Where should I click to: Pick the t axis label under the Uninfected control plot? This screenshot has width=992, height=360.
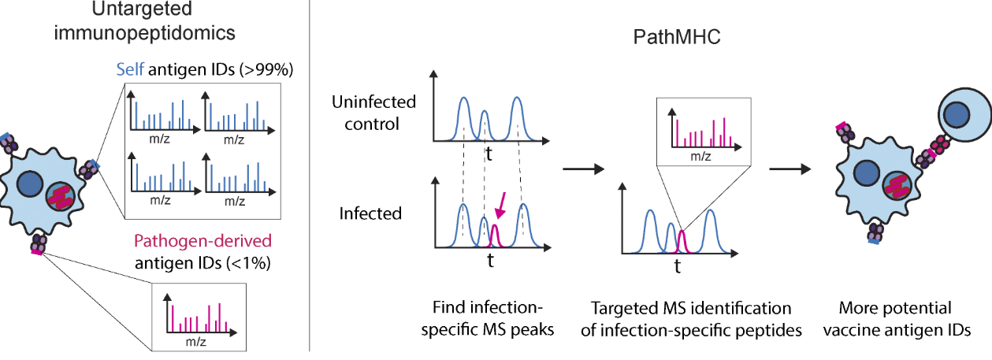pos(489,154)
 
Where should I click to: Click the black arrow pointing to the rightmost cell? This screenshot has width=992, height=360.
pos(791,168)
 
